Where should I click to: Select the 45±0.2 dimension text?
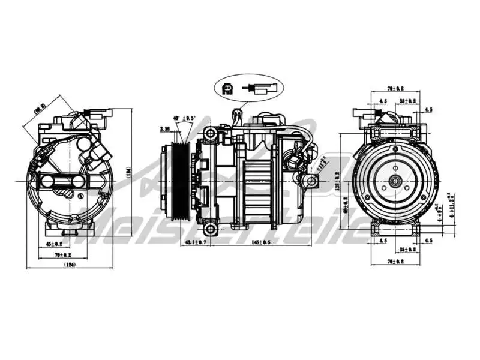point(55,244)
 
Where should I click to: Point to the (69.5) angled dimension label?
point(40,109)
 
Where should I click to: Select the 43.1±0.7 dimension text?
point(196,242)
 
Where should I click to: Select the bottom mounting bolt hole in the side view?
point(209,229)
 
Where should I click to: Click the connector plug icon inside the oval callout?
point(228,88)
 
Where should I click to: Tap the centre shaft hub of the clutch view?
point(395,181)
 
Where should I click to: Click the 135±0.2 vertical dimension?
point(337,181)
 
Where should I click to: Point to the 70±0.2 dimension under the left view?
point(64,255)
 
